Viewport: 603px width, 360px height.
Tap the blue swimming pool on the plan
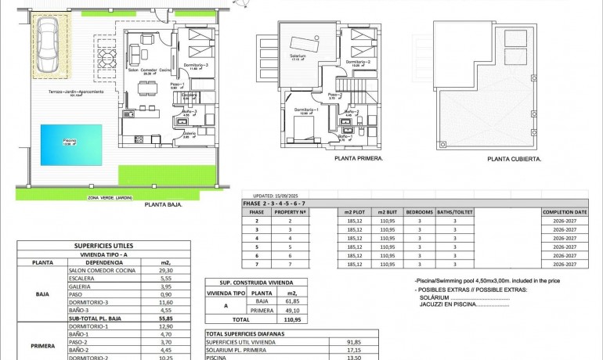coord(70,143)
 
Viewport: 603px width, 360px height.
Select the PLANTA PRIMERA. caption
coord(358,158)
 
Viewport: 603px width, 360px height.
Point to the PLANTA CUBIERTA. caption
coord(514,158)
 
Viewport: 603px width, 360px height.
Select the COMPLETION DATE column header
coord(564,212)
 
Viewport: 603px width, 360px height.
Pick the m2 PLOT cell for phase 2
coord(353,221)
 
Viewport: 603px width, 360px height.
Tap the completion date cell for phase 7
coord(564,265)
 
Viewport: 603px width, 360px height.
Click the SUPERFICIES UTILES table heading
coord(103,246)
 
